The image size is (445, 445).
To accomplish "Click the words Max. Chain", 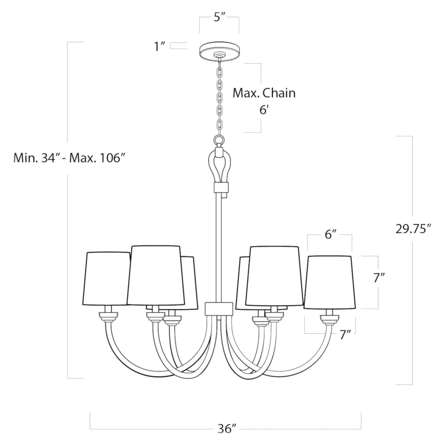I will tap(264, 93).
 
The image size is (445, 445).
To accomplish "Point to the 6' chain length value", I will tap(264, 110).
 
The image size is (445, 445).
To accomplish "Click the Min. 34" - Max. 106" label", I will tap(69, 158).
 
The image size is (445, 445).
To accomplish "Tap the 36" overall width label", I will tap(227, 429).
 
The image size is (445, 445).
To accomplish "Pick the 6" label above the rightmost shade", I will tap(330, 235).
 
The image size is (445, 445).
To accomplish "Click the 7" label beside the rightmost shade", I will tap(378, 278).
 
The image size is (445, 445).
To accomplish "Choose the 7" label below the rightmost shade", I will tap(346, 335).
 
